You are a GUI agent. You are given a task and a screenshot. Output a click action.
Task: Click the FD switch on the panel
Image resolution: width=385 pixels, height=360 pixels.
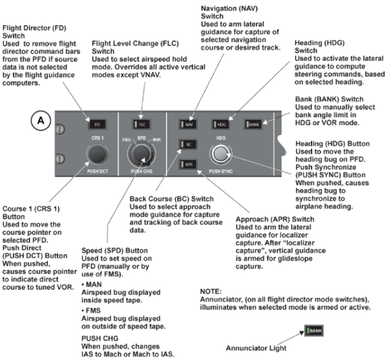click(x=97, y=125)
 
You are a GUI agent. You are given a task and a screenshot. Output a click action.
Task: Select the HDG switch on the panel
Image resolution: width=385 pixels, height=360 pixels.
click(x=222, y=125)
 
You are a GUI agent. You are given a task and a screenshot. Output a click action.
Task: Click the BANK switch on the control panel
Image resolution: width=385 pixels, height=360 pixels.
click(x=254, y=125)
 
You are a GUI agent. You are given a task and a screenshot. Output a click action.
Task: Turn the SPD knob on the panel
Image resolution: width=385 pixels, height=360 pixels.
click(x=140, y=155)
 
